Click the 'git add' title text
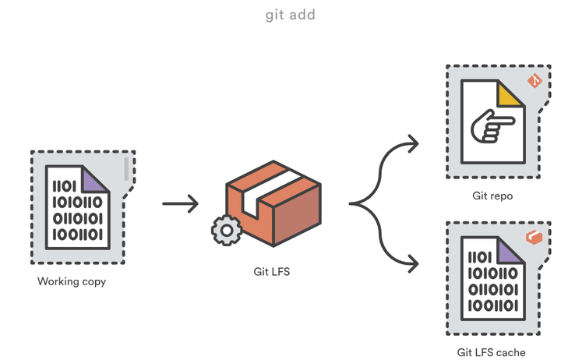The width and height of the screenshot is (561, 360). [290, 15]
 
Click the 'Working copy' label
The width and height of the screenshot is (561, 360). [72, 281]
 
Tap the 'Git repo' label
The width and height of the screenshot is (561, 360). [492, 196]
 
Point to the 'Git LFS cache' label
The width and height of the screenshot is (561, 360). [492, 352]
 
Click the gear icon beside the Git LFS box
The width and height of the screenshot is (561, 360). [224, 231]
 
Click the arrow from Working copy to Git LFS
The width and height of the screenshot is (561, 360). [181, 204]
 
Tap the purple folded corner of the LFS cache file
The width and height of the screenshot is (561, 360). [509, 251]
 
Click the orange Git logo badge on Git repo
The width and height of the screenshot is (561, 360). [534, 79]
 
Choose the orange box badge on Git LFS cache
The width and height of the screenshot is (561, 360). [534, 236]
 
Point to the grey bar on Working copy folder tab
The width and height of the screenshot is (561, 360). [126, 168]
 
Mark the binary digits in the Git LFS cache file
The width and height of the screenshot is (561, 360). [491, 282]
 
